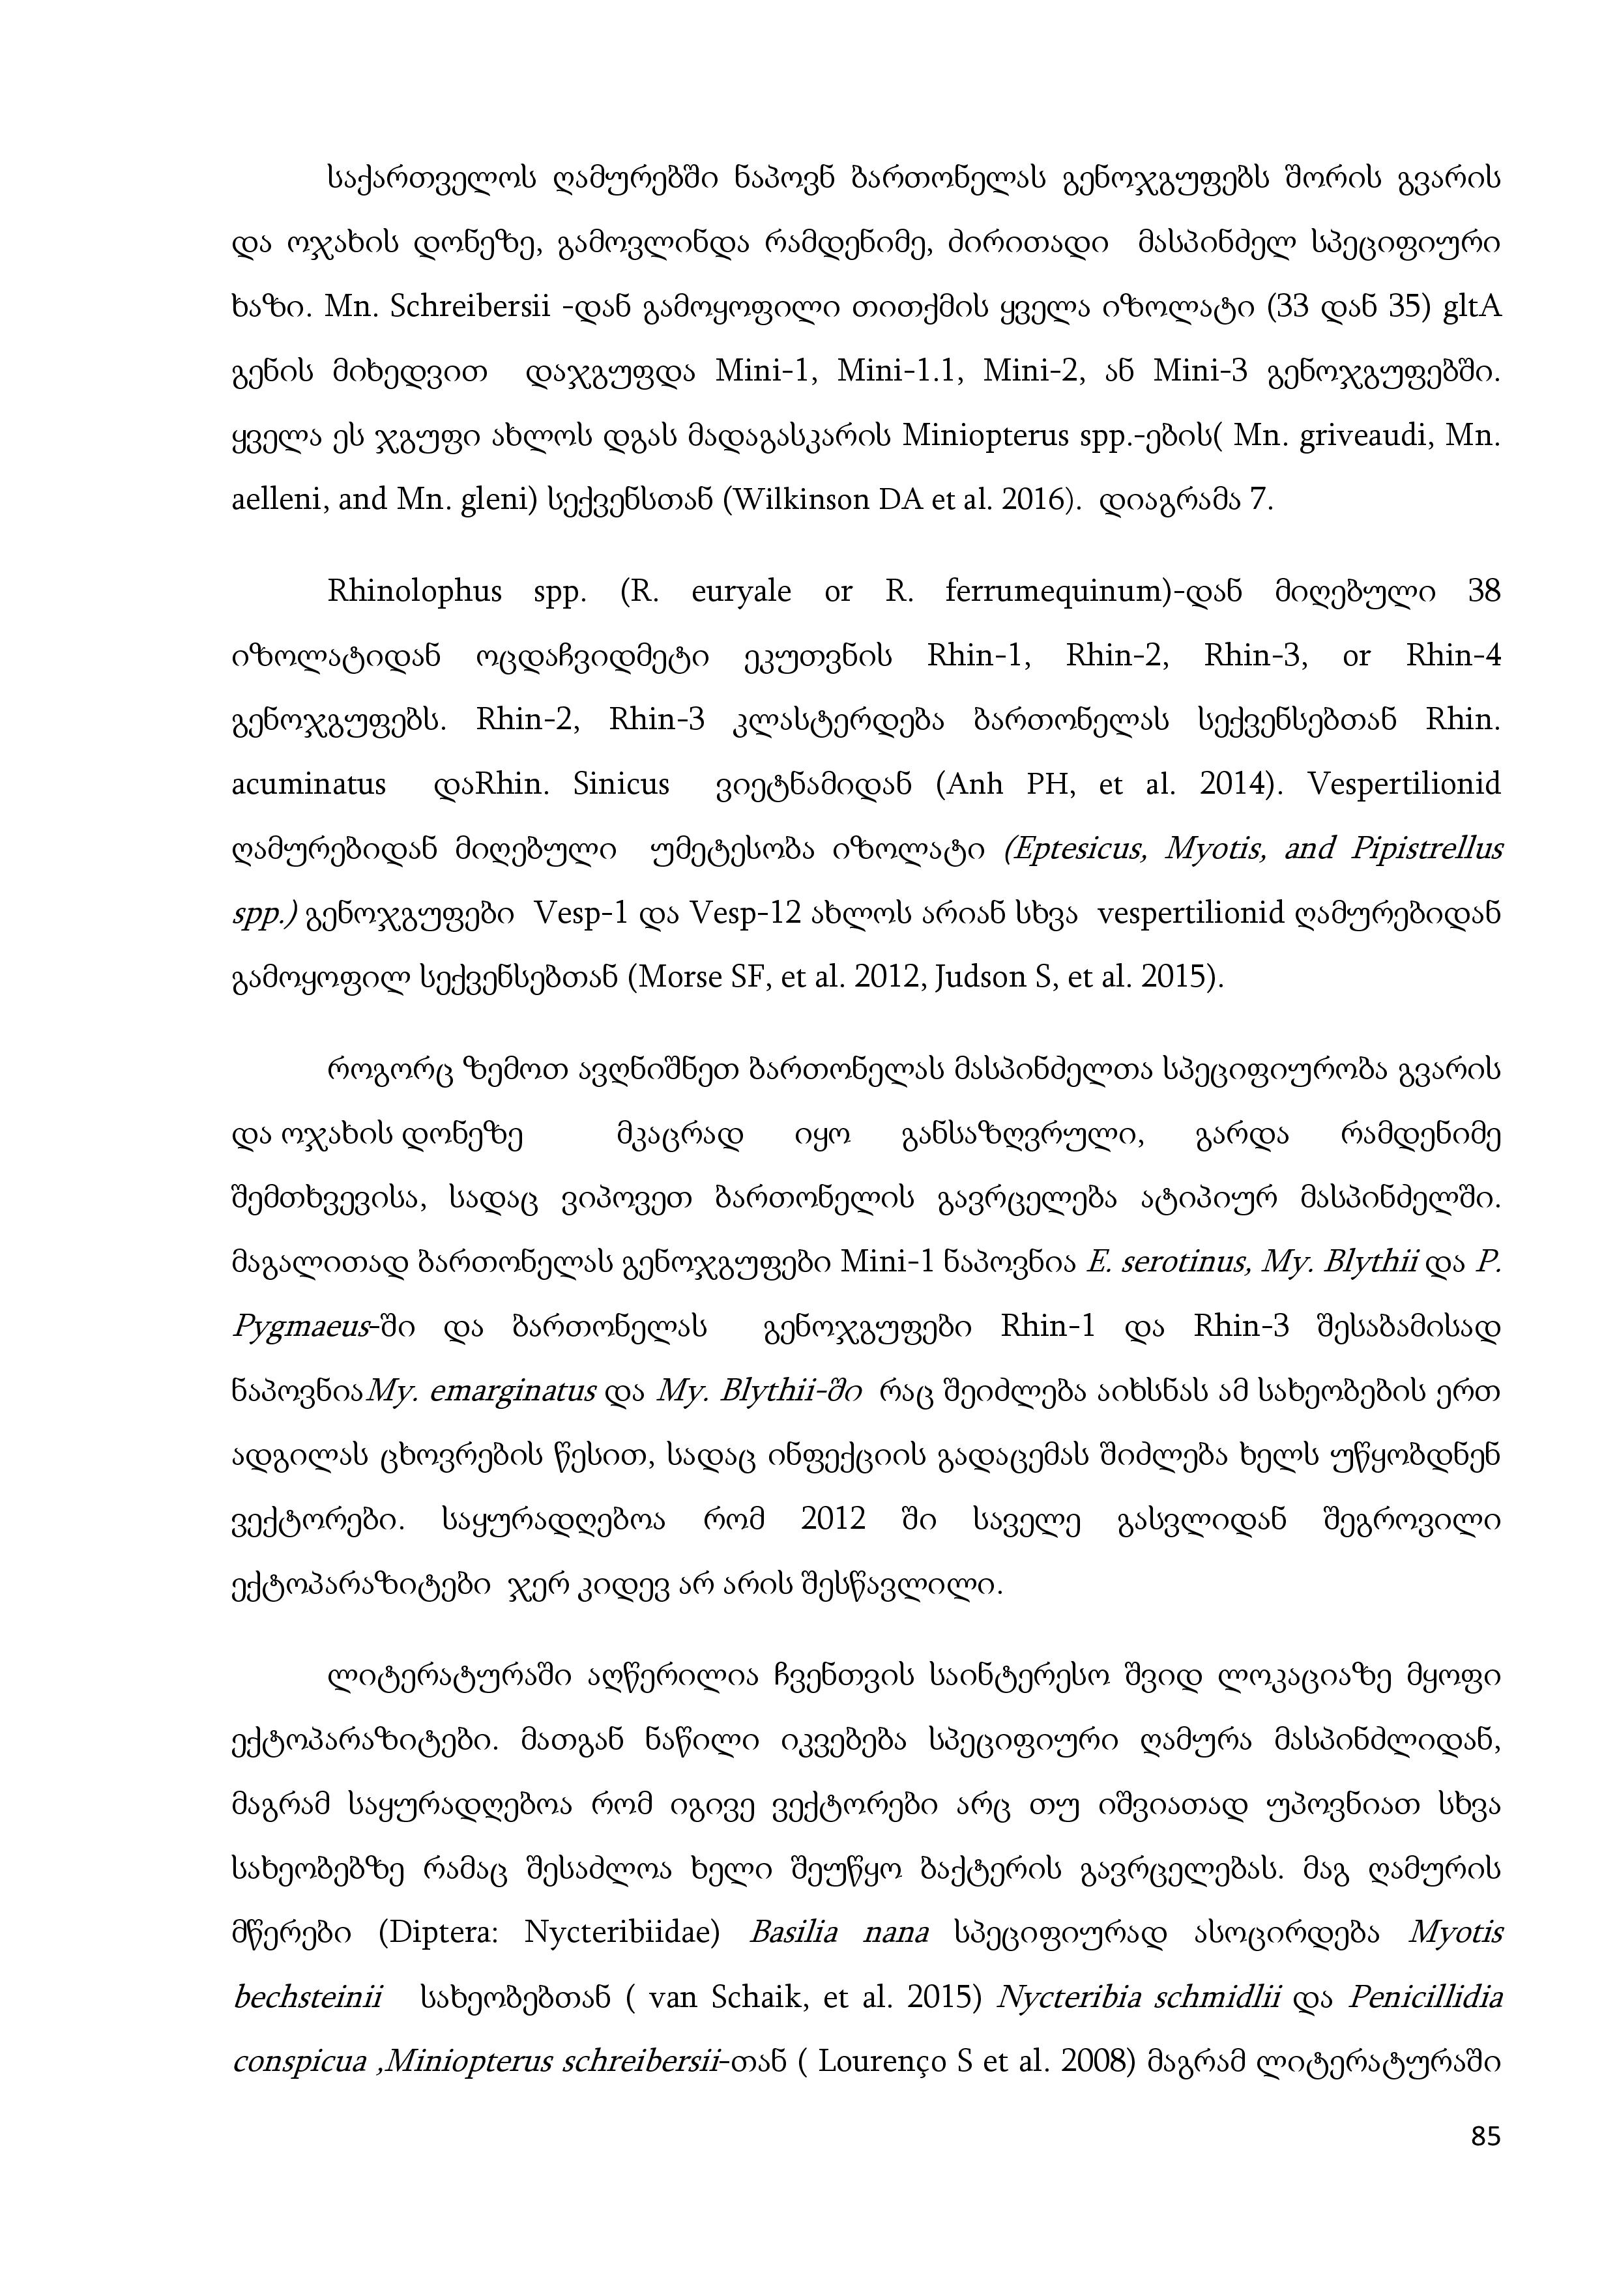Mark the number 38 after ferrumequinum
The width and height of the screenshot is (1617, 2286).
click(1483, 592)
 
